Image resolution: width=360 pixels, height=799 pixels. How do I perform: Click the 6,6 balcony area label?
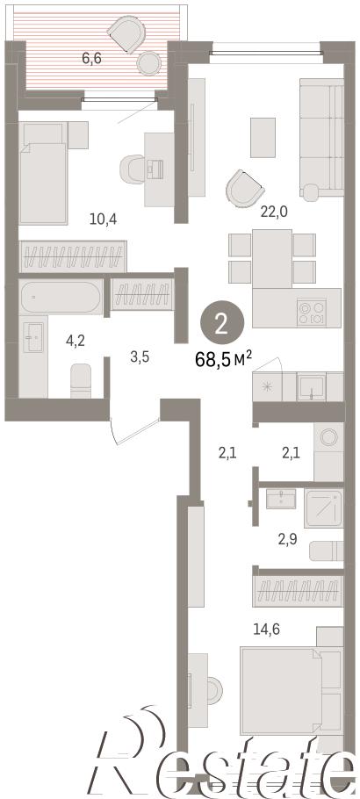(92, 58)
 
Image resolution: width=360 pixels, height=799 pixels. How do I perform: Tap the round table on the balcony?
(149, 64)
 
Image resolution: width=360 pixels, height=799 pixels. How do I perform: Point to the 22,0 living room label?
(274, 212)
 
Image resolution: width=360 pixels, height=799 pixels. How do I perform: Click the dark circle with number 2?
(222, 322)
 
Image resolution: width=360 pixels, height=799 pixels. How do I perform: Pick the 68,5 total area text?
(224, 360)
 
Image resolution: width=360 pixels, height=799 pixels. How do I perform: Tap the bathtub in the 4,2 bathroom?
(61, 296)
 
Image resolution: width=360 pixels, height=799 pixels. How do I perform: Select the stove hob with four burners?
(312, 313)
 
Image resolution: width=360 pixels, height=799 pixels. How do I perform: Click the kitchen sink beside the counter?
(312, 387)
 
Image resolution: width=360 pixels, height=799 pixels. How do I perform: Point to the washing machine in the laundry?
(329, 451)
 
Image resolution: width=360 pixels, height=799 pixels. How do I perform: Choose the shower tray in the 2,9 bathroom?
(324, 508)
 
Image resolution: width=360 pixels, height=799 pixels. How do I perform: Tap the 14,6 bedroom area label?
(267, 629)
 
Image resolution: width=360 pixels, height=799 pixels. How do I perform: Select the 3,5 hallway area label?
(140, 356)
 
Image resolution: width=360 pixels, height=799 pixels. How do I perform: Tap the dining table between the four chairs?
(272, 258)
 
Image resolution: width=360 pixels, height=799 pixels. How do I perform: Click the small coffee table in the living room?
(263, 138)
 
